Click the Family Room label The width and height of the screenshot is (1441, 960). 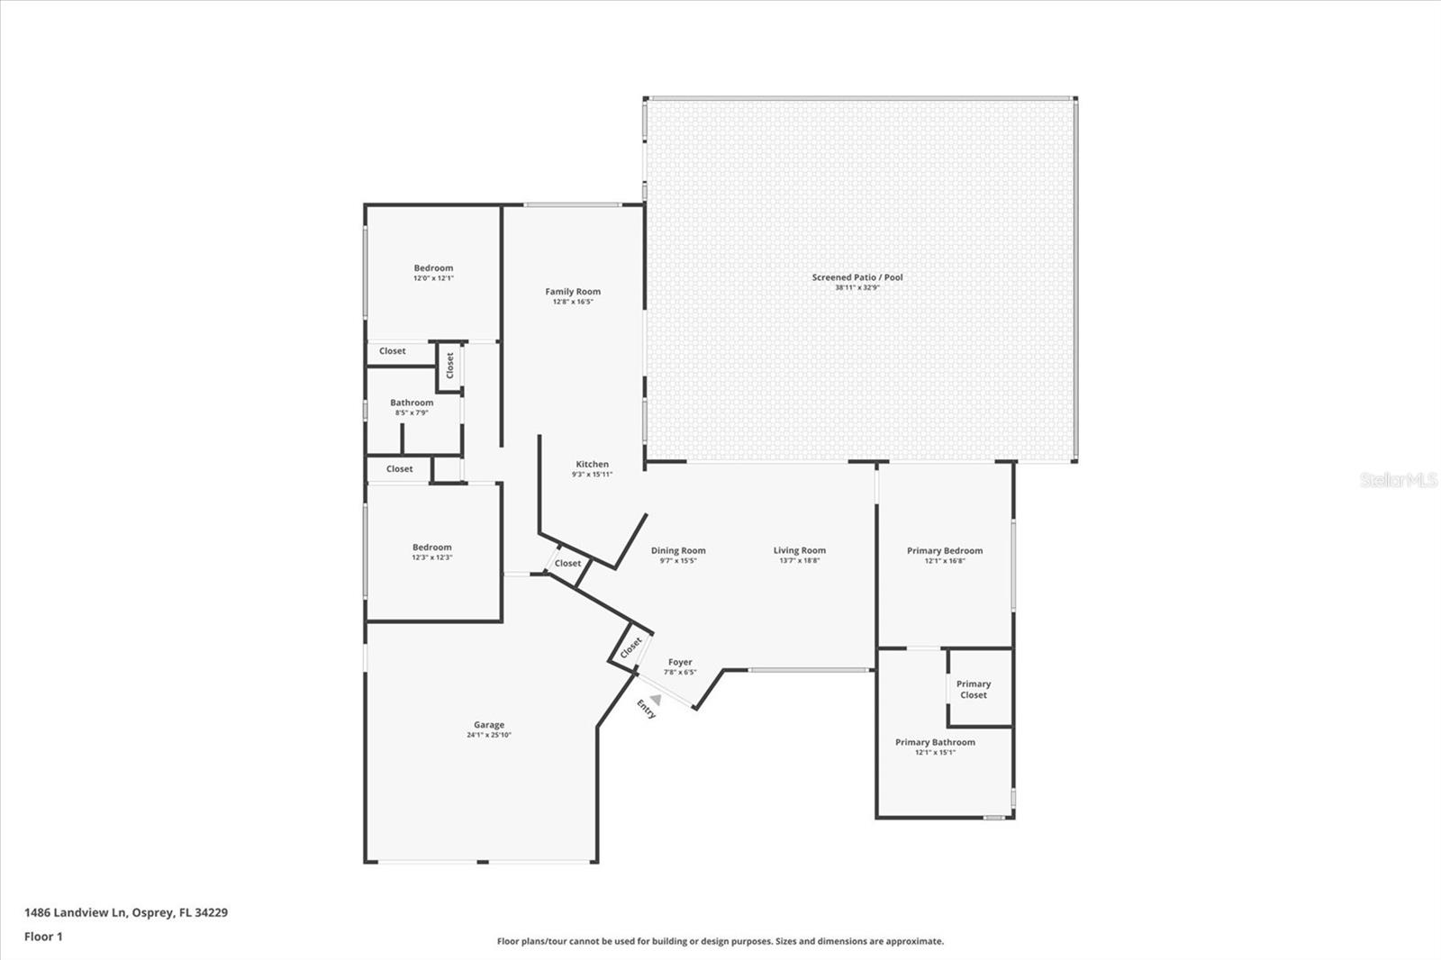[573, 292]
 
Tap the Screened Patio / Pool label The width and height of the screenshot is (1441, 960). [856, 277]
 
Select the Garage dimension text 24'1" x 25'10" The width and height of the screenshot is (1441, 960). [489, 735]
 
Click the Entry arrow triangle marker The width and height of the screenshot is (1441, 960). [657, 699]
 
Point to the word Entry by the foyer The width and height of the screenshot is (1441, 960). [646, 709]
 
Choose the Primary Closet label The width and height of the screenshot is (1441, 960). [974, 689]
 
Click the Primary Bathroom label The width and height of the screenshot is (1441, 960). [935, 742]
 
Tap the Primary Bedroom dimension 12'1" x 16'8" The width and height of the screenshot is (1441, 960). [945, 561]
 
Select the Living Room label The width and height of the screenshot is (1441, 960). [799, 550]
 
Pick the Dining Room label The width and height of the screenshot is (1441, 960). [678, 550]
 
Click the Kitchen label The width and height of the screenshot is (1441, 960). [592, 464]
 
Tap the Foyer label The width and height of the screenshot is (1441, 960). [680, 662]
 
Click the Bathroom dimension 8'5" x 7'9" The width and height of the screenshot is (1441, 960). [412, 412]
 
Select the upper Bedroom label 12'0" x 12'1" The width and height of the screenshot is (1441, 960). [433, 268]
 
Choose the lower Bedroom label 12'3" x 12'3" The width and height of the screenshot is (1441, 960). [432, 548]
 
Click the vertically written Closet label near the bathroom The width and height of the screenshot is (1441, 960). [450, 365]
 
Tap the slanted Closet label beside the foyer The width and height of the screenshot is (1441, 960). [631, 647]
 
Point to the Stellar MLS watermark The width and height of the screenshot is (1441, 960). [1398, 480]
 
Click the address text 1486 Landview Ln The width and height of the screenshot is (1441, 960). [76, 912]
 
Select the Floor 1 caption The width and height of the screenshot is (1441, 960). [43, 937]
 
